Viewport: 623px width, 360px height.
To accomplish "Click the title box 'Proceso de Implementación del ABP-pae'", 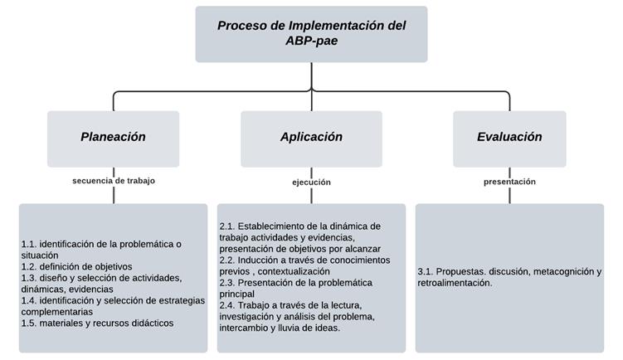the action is click(311, 34).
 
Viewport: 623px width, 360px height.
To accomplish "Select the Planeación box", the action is click(114, 139).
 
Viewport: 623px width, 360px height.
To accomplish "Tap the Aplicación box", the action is click(311, 139).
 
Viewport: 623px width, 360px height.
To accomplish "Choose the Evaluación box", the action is click(509, 139).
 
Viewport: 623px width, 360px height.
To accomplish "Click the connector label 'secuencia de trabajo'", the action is click(114, 181).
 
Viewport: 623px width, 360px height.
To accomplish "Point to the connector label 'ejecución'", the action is click(311, 182).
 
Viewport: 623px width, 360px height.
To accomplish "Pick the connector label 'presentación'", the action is click(509, 182).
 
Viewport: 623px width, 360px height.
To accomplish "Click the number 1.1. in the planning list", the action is click(29, 244).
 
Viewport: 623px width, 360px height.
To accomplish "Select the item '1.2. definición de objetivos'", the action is click(76, 266).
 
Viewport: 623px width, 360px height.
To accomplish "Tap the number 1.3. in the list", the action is click(29, 278).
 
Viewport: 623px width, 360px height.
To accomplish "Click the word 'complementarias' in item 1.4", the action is click(56, 312).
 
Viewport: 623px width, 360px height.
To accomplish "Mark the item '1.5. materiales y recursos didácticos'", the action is click(97, 323).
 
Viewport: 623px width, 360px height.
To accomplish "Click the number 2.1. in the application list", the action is click(227, 226).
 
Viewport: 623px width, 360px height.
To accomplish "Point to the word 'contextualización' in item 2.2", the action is click(294, 271).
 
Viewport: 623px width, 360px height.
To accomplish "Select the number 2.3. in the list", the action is click(227, 283).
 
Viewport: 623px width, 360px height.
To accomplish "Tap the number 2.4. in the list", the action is click(227, 305).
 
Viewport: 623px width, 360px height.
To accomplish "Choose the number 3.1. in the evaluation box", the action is click(426, 271).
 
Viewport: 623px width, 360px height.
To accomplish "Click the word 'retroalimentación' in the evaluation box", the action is click(455, 283).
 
